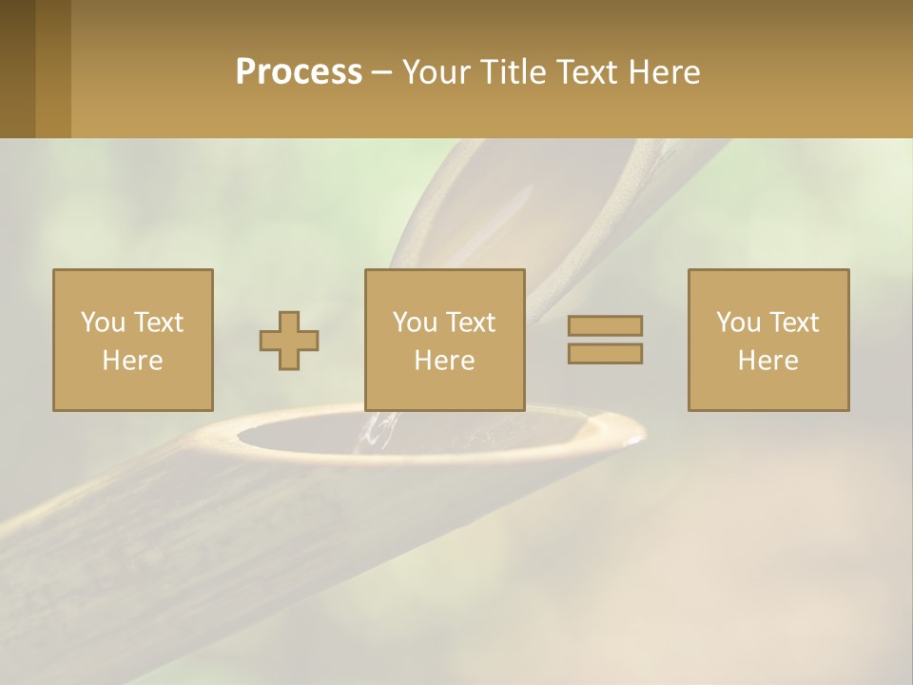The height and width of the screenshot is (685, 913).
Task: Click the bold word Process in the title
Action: (299, 72)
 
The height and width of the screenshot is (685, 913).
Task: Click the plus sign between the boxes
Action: (289, 341)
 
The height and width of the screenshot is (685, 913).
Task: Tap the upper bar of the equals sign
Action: (605, 325)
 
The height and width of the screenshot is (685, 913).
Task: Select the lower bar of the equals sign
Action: (605, 353)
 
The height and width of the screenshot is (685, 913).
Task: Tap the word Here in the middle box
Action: (445, 361)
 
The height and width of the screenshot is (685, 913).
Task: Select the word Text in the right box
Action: (793, 323)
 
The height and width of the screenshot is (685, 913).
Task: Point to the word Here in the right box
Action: (768, 361)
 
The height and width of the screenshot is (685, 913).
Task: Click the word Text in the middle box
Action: (470, 323)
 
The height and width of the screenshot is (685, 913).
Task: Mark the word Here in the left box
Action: (133, 361)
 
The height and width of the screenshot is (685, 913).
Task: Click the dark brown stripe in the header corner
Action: (17, 68)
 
